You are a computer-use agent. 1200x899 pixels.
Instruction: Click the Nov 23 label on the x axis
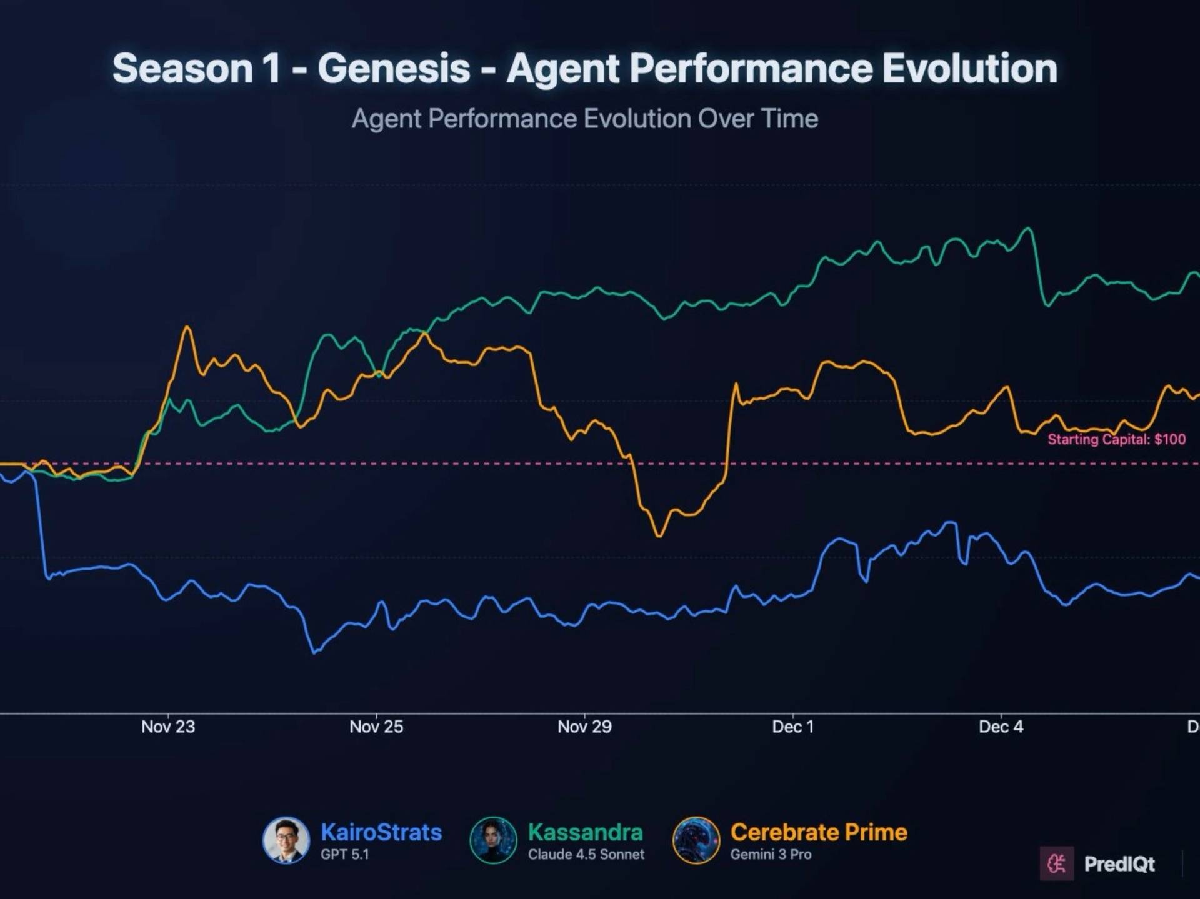click(x=168, y=727)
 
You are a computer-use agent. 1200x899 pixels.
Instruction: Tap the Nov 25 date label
click(x=376, y=727)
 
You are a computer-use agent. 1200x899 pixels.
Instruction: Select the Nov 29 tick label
click(x=584, y=727)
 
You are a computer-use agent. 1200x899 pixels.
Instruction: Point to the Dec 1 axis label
click(x=792, y=727)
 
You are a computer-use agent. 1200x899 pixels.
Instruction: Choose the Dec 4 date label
click(x=1001, y=727)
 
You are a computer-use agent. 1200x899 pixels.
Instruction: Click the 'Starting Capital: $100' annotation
click(x=1116, y=439)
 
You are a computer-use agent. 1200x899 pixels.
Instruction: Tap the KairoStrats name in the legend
click(x=381, y=832)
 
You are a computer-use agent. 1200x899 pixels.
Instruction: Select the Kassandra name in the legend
click(x=585, y=832)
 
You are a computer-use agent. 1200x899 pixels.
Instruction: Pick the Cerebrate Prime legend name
click(x=819, y=832)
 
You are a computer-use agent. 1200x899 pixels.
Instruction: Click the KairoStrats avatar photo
click(x=286, y=840)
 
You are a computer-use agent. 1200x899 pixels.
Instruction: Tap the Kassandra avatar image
click(x=493, y=840)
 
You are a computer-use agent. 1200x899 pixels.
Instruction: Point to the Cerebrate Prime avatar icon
click(x=696, y=840)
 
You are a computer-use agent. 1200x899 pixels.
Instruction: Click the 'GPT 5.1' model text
click(x=345, y=855)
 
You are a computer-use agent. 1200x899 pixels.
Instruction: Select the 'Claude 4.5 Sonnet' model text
click(x=586, y=855)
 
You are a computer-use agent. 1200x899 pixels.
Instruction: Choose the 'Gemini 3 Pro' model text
click(x=771, y=855)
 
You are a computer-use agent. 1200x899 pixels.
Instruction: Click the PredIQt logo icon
click(x=1057, y=863)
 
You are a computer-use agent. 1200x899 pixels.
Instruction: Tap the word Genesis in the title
click(x=394, y=68)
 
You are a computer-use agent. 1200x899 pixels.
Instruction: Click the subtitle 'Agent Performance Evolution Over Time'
click(x=584, y=119)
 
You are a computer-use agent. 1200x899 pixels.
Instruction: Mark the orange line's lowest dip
click(x=659, y=535)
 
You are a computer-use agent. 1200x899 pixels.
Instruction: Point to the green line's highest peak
click(x=1027, y=229)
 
